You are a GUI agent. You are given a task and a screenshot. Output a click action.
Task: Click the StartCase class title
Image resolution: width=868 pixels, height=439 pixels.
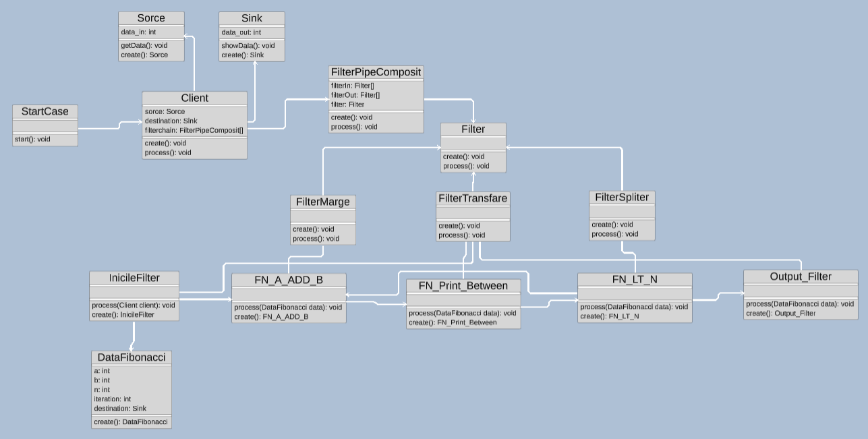45,111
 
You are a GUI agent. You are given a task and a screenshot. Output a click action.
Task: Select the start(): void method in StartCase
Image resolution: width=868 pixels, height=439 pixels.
32,140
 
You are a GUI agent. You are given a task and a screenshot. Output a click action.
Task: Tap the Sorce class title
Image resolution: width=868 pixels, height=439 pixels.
151,18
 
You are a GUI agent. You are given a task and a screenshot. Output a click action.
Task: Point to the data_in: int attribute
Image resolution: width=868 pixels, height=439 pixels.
139,32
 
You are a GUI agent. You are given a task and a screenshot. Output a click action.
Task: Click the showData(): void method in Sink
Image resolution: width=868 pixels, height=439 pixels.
248,45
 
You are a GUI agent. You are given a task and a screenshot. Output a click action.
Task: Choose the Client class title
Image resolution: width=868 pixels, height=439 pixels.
194,98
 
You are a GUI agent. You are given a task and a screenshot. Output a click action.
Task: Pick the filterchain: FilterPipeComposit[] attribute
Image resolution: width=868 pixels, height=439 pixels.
194,130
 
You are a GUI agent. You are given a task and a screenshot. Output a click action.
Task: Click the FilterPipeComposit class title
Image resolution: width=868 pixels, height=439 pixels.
376,71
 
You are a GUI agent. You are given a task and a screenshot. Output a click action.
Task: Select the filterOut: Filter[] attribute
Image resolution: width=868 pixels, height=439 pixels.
355,95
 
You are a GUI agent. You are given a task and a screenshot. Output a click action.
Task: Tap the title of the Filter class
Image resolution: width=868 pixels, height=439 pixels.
473,129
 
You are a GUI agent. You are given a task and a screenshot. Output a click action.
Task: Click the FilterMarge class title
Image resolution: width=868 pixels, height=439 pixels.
323,202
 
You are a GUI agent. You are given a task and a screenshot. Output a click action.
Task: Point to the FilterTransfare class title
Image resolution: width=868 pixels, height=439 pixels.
473,198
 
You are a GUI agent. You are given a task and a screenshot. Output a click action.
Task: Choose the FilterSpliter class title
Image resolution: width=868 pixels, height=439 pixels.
622,197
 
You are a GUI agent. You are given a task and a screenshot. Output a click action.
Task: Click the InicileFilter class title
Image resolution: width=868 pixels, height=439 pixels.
134,277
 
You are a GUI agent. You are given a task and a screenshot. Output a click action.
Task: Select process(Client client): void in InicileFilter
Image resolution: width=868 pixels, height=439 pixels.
134,305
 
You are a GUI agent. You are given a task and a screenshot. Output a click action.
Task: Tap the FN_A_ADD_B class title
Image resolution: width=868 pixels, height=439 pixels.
289,279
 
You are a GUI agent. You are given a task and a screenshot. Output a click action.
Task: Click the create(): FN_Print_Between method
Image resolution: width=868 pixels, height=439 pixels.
453,322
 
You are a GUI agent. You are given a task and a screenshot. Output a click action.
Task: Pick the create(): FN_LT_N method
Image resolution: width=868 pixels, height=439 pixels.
610,316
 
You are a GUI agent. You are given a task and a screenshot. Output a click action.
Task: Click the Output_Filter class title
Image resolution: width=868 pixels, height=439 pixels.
801,276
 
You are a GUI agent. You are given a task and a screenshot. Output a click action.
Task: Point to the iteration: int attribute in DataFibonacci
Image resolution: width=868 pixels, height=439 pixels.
113,399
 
